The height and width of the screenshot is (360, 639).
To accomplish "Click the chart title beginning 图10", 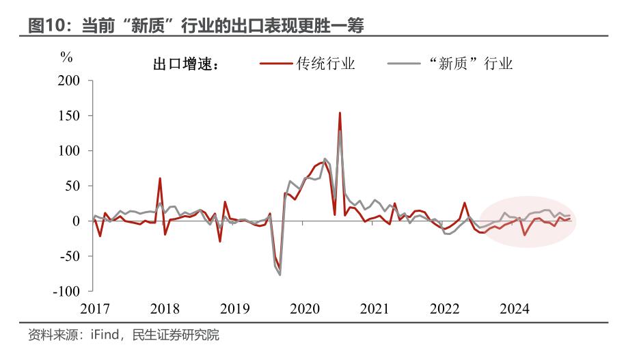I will (196, 25).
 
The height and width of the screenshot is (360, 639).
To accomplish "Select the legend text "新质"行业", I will (471, 64).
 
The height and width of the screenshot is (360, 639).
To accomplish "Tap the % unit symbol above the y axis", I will (66, 57).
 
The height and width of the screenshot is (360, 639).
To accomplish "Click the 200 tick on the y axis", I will (69, 81).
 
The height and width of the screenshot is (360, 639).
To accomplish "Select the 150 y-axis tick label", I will (69, 115).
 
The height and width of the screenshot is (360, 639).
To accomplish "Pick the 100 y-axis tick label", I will (69, 150).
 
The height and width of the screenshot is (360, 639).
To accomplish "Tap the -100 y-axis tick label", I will (66, 291).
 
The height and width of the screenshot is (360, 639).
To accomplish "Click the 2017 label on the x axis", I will (94, 309).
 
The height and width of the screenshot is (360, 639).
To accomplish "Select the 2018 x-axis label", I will (165, 309).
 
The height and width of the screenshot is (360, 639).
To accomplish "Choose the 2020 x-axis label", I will (305, 309).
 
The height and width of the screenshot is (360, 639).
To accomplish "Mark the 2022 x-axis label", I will (444, 309).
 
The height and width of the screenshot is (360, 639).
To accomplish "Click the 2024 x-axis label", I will (515, 309).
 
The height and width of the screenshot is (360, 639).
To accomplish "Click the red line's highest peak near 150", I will (340, 113).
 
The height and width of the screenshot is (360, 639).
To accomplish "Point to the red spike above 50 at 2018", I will (160, 179).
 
